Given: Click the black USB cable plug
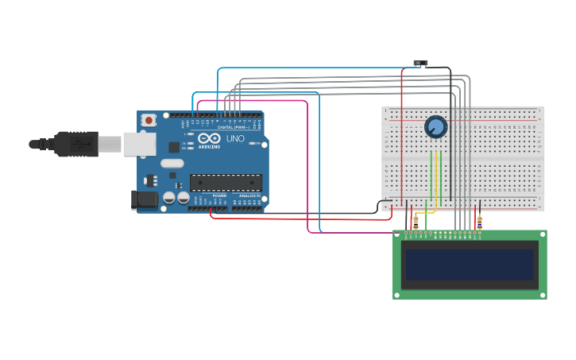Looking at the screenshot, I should pyautogui.click(x=75, y=144).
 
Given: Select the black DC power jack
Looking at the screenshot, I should pyautogui.click(x=144, y=199).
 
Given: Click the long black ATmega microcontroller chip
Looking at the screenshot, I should pyautogui.click(x=226, y=183).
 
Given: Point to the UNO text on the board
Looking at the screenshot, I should pyautogui.click(x=235, y=139).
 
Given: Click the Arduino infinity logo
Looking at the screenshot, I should pyautogui.click(x=209, y=138).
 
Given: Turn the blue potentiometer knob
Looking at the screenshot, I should pyautogui.click(x=435, y=126).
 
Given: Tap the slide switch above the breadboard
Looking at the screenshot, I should pyautogui.click(x=421, y=63).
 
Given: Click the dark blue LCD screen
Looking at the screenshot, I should pyautogui.click(x=470, y=265).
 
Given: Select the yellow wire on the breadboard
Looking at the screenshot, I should pyautogui.click(x=436, y=179).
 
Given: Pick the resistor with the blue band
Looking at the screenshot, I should pyautogui.click(x=479, y=223).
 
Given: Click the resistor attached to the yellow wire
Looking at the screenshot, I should pyautogui.click(x=416, y=223).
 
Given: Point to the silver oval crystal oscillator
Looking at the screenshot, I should pyautogui.click(x=172, y=164).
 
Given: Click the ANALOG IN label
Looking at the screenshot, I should pyautogui.click(x=249, y=195).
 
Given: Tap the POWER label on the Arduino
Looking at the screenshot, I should pyautogui.click(x=219, y=195).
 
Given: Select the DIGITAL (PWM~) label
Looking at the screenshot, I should pyautogui.click(x=233, y=127).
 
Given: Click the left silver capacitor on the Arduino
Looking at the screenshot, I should pyautogui.click(x=169, y=198).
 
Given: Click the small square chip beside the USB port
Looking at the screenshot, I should pyautogui.click(x=174, y=147).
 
